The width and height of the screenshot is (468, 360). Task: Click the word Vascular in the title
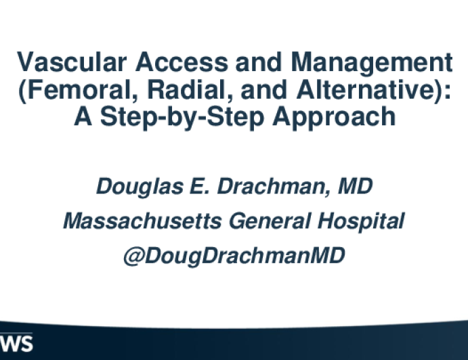[x=72, y=62]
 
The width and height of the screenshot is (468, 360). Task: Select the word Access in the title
[x=182, y=62]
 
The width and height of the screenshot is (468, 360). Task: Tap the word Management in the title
[x=372, y=63]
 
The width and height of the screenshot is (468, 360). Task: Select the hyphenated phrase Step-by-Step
[x=182, y=118]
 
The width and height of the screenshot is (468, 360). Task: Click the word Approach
[x=334, y=118]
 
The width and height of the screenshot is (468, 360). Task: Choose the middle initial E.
[x=199, y=186]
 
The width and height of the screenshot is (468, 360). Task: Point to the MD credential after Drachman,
[x=355, y=186]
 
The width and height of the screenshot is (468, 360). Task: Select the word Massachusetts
[x=142, y=221]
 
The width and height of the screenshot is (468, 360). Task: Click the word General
[x=270, y=221]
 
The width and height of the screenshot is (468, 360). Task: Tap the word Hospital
[x=361, y=222]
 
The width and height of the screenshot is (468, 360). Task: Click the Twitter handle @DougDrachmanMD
[x=234, y=256]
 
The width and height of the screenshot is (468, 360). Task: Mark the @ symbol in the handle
[x=134, y=256]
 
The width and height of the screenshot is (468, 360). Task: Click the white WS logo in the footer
[x=16, y=344]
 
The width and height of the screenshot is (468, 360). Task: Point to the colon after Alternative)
[x=447, y=91]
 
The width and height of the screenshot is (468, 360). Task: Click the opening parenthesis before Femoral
[x=22, y=91]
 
